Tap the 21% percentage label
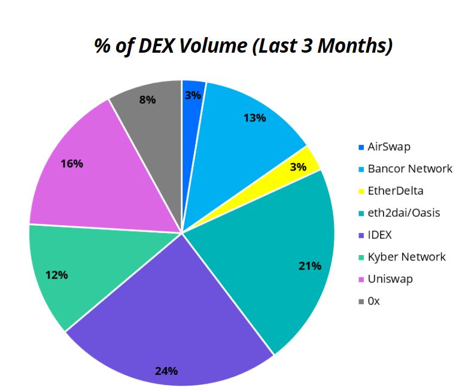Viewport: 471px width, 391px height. click(310, 265)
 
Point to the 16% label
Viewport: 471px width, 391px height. click(71, 163)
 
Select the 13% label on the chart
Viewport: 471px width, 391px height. click(254, 118)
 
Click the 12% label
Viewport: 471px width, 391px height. click(56, 275)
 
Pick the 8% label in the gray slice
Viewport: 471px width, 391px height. click(147, 99)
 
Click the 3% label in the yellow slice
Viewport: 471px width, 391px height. click(298, 167)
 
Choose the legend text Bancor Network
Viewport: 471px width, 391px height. click(410, 169)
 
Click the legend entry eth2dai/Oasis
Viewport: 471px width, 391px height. click(403, 213)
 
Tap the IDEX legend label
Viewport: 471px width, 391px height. click(380, 235)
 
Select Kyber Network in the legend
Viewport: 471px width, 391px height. click(406, 257)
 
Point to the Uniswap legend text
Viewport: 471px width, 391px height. click(390, 279)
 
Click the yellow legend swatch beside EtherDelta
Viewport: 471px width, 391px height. click(360, 192)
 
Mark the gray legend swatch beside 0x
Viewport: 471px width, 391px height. click(360, 302)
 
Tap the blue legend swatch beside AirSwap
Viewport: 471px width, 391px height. click(360, 147)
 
